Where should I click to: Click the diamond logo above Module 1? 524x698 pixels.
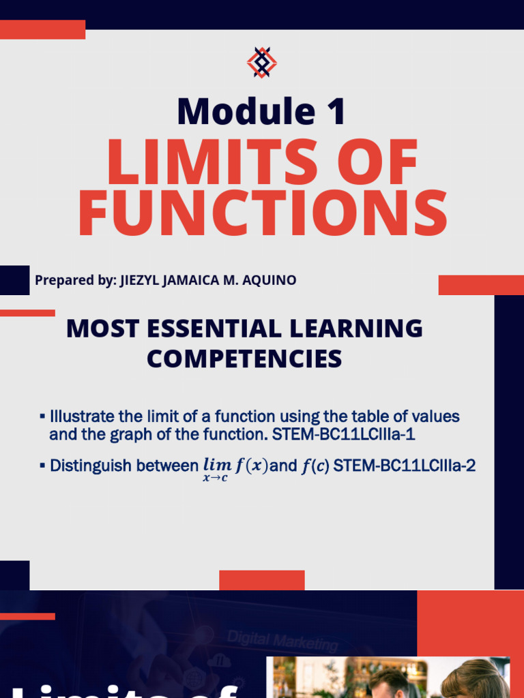261,63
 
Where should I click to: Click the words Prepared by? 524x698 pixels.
76,280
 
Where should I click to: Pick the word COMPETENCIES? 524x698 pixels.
244,359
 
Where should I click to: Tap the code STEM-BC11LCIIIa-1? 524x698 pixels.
343,434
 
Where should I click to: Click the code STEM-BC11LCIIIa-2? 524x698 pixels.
404,466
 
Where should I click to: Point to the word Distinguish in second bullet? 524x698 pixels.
90,466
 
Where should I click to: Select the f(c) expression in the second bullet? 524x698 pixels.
315,466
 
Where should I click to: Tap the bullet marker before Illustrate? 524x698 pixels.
42,416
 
